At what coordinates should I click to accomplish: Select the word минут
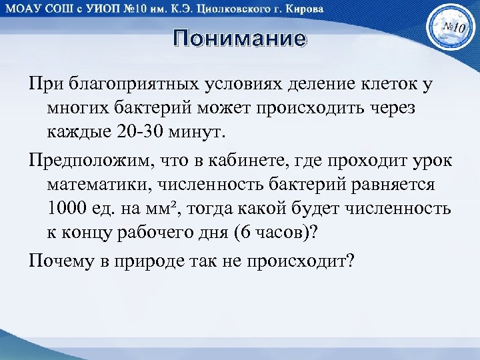pos(193,129)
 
